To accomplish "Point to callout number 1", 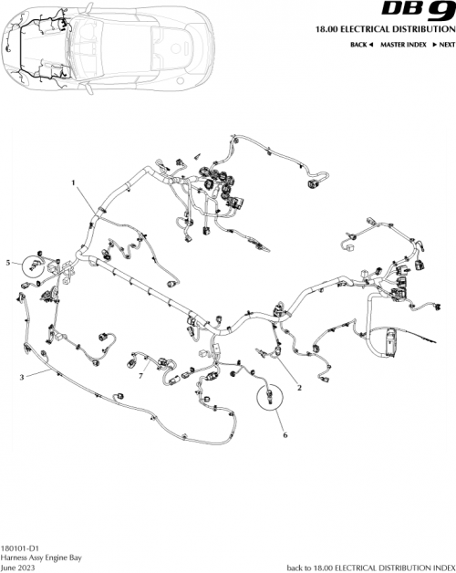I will click(x=72, y=182).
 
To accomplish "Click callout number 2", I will click(x=299, y=388).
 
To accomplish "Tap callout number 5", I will click(x=9, y=263).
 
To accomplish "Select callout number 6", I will click(x=285, y=436).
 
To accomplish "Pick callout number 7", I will click(x=141, y=375).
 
